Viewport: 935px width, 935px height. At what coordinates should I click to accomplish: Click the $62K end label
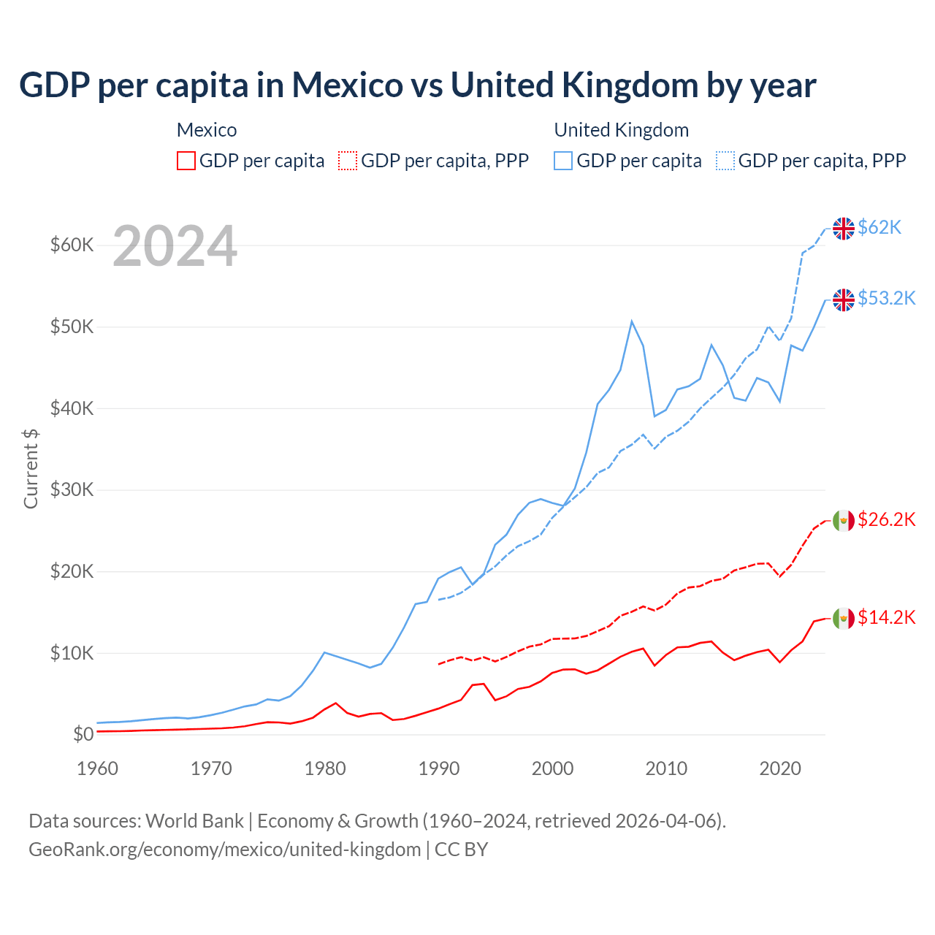[x=879, y=228]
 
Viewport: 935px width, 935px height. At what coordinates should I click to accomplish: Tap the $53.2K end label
[x=886, y=299]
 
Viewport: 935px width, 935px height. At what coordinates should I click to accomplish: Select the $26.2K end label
[x=886, y=520]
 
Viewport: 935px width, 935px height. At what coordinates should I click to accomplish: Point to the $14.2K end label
[x=886, y=618]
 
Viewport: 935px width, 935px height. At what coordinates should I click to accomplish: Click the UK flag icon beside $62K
[x=844, y=229]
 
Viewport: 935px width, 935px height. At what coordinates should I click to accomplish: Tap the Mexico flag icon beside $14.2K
[x=844, y=619]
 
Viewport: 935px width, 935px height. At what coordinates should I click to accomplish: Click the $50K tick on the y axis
[x=72, y=327]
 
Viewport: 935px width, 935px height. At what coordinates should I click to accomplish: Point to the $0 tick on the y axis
[x=83, y=734]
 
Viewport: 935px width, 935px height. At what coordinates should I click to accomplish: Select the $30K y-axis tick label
[x=72, y=489]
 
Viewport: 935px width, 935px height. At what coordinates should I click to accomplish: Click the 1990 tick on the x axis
[x=439, y=768]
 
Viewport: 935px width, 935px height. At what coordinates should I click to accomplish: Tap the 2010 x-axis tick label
[x=666, y=768]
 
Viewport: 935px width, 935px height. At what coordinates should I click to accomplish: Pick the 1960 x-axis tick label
[x=98, y=768]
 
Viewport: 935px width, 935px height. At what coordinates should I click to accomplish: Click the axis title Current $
[x=31, y=468]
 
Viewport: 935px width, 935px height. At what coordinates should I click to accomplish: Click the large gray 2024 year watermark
[x=175, y=247]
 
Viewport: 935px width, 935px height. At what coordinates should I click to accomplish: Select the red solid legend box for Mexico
[x=186, y=161]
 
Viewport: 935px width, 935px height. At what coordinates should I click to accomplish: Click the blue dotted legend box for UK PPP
[x=725, y=161]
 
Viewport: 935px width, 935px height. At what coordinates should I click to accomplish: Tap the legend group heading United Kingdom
[x=621, y=130]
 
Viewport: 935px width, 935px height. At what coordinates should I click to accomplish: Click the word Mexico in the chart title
[x=347, y=85]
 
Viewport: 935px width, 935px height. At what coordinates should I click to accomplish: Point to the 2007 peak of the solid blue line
[x=632, y=321]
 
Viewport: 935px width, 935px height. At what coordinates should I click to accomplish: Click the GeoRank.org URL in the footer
[x=224, y=850]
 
